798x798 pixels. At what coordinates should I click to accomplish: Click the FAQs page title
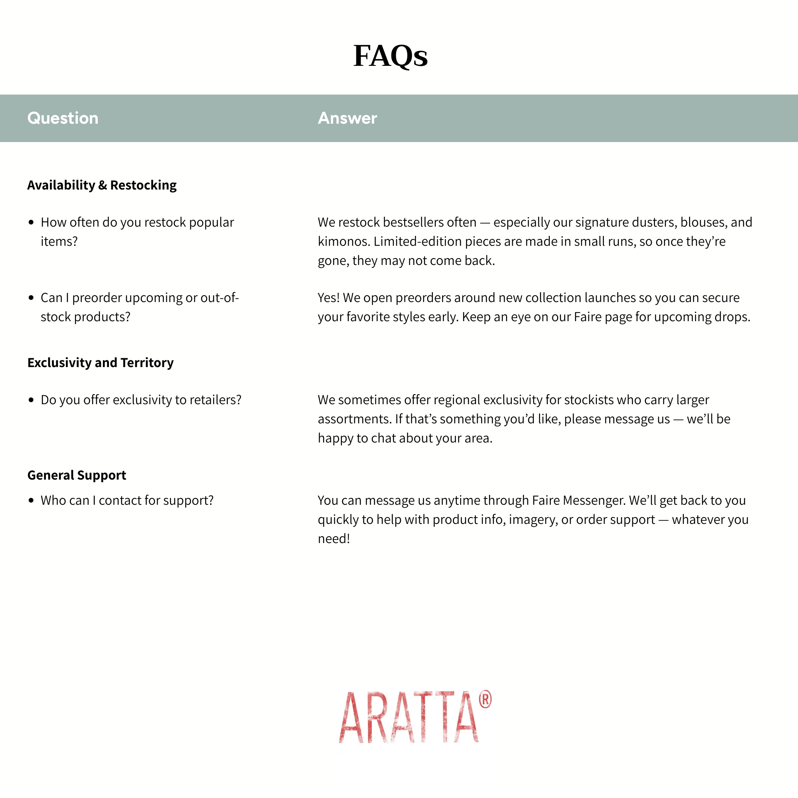(x=390, y=56)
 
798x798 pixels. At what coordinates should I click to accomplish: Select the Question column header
(x=63, y=118)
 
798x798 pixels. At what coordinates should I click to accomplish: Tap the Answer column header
(x=348, y=118)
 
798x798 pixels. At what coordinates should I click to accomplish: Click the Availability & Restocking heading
(x=102, y=185)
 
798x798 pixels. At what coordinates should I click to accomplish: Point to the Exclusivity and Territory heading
(x=101, y=363)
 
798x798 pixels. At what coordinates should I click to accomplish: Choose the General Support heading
(x=77, y=475)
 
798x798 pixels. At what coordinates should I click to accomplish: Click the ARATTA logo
(x=409, y=717)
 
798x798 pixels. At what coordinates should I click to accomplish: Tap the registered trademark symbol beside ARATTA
(x=485, y=699)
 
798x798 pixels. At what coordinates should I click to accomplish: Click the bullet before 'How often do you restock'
(x=31, y=222)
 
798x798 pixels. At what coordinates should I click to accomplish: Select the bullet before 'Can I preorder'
(x=31, y=297)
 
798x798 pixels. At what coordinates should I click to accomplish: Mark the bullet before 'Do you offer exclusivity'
(x=31, y=400)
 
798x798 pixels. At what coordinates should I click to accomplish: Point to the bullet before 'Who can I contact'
(x=31, y=500)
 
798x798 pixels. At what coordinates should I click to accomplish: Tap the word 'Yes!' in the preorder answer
(x=329, y=298)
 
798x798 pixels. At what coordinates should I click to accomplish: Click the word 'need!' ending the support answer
(x=334, y=539)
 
